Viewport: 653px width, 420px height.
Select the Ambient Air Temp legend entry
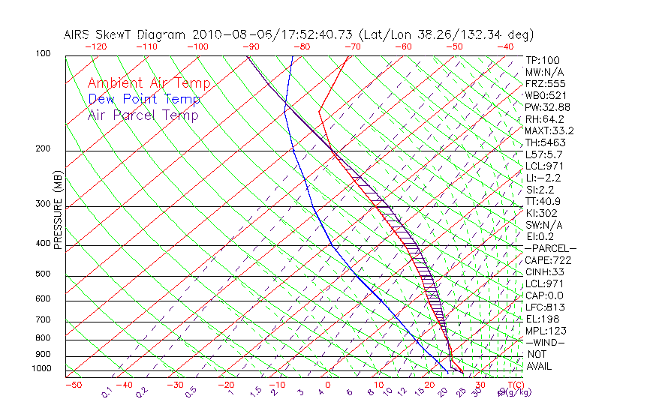(x=149, y=83)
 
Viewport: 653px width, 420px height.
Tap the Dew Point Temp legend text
(x=144, y=99)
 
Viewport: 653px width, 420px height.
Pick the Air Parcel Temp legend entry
(x=143, y=115)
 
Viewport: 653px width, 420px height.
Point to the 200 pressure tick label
(x=44, y=149)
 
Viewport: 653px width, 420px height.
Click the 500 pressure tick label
(x=44, y=274)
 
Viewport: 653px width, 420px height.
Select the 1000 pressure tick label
(x=41, y=369)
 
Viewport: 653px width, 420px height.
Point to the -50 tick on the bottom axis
(x=73, y=385)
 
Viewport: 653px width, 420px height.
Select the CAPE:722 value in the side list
(x=548, y=260)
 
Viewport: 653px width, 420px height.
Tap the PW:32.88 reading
(x=548, y=107)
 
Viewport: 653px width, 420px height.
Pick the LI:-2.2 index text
(x=543, y=178)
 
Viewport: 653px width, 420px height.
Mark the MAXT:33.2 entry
(x=550, y=130)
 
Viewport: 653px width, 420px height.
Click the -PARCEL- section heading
(x=550, y=248)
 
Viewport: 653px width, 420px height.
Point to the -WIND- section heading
(x=546, y=342)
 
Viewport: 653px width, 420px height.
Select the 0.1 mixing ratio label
(x=107, y=391)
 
